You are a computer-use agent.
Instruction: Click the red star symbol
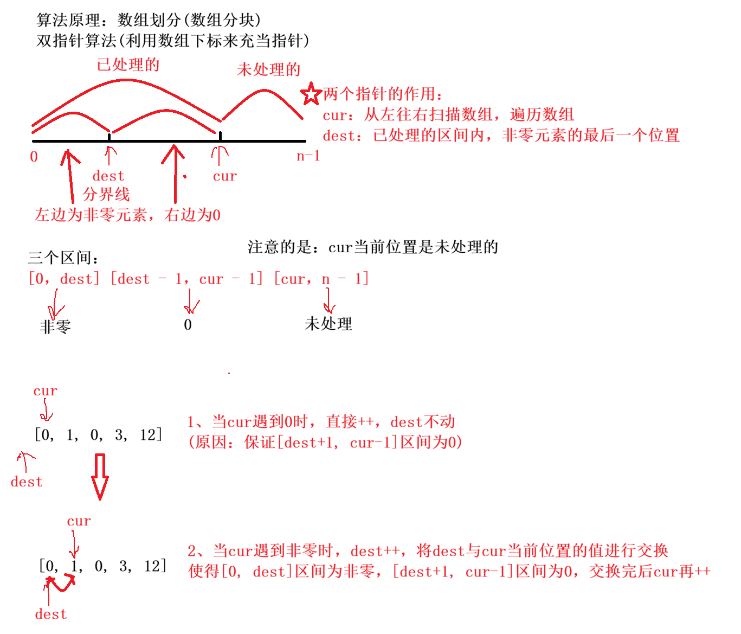(x=311, y=94)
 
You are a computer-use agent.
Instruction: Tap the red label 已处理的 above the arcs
(x=128, y=65)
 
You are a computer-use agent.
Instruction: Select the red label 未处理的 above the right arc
(x=268, y=69)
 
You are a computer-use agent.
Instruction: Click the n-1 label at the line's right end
(x=308, y=156)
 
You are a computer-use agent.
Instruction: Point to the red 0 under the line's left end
(x=34, y=157)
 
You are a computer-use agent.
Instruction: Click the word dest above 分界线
(x=108, y=176)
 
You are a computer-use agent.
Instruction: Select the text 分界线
(x=106, y=194)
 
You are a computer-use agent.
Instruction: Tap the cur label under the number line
(x=224, y=176)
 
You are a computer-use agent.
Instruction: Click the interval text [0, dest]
(x=65, y=279)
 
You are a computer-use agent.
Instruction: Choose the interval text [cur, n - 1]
(x=321, y=279)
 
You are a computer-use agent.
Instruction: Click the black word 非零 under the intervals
(x=55, y=326)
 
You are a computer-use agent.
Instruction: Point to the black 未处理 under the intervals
(x=328, y=324)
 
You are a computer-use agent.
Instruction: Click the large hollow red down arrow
(x=100, y=477)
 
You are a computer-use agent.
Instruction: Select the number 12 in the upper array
(x=148, y=435)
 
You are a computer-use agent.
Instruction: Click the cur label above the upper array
(x=45, y=390)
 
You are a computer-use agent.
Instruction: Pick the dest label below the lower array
(x=50, y=614)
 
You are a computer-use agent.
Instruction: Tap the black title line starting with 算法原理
(x=149, y=20)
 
